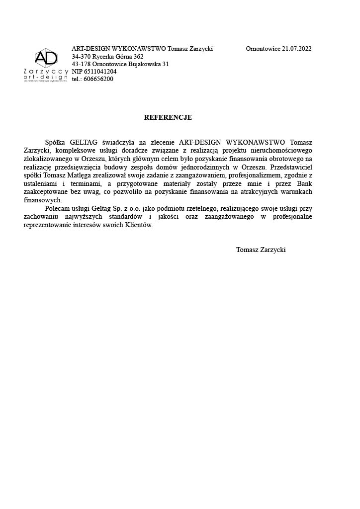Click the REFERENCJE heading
point(168,118)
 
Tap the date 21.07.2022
point(297,49)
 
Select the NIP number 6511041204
point(100,71)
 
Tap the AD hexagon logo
point(46,59)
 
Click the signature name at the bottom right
point(261,250)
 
